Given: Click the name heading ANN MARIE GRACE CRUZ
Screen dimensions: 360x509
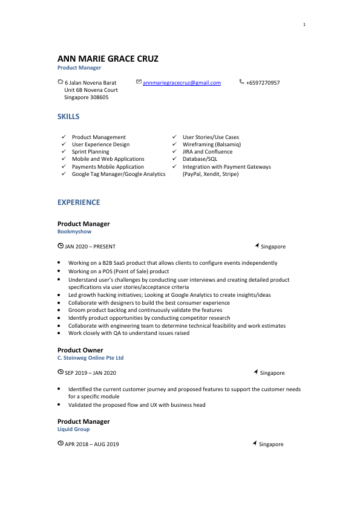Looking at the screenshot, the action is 108,59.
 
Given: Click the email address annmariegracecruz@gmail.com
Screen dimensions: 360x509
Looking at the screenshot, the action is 182,83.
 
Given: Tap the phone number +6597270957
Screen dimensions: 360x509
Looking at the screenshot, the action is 263,83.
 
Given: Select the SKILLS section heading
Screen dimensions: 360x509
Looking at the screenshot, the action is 68,116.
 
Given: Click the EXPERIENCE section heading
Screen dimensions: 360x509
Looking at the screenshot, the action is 79,203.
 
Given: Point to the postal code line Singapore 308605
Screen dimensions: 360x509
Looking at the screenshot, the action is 87,97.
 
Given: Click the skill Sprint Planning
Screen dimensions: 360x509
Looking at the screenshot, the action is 90,152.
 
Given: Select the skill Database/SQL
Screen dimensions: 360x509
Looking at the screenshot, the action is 200,159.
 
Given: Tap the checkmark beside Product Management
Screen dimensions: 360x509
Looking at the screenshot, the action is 64,137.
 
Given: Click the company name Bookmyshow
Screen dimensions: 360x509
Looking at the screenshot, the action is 74,232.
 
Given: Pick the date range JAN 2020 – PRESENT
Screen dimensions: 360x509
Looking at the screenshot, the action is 90,247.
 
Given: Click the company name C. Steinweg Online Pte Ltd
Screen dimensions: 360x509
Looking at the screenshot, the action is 90,358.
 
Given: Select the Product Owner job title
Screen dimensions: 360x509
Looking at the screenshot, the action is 80,350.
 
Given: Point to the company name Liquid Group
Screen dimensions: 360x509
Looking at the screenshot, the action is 73,429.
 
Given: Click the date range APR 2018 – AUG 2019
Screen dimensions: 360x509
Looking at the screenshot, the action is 91,444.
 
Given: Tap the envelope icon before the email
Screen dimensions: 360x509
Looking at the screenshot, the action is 139,82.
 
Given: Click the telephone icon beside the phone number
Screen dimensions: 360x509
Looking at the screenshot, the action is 242,82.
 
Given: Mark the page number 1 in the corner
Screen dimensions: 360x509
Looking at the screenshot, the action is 304,25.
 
